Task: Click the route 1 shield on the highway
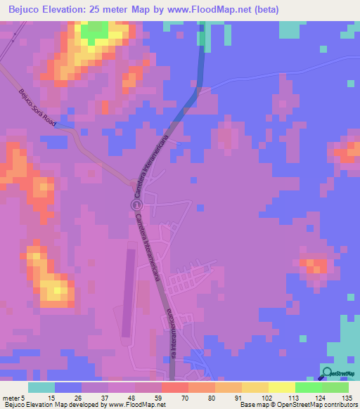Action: [x=136, y=204]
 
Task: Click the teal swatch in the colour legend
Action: [x=41, y=387]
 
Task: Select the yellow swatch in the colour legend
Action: [x=281, y=387]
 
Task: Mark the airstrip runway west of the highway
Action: [x=127, y=288]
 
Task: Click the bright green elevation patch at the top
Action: [x=94, y=30]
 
